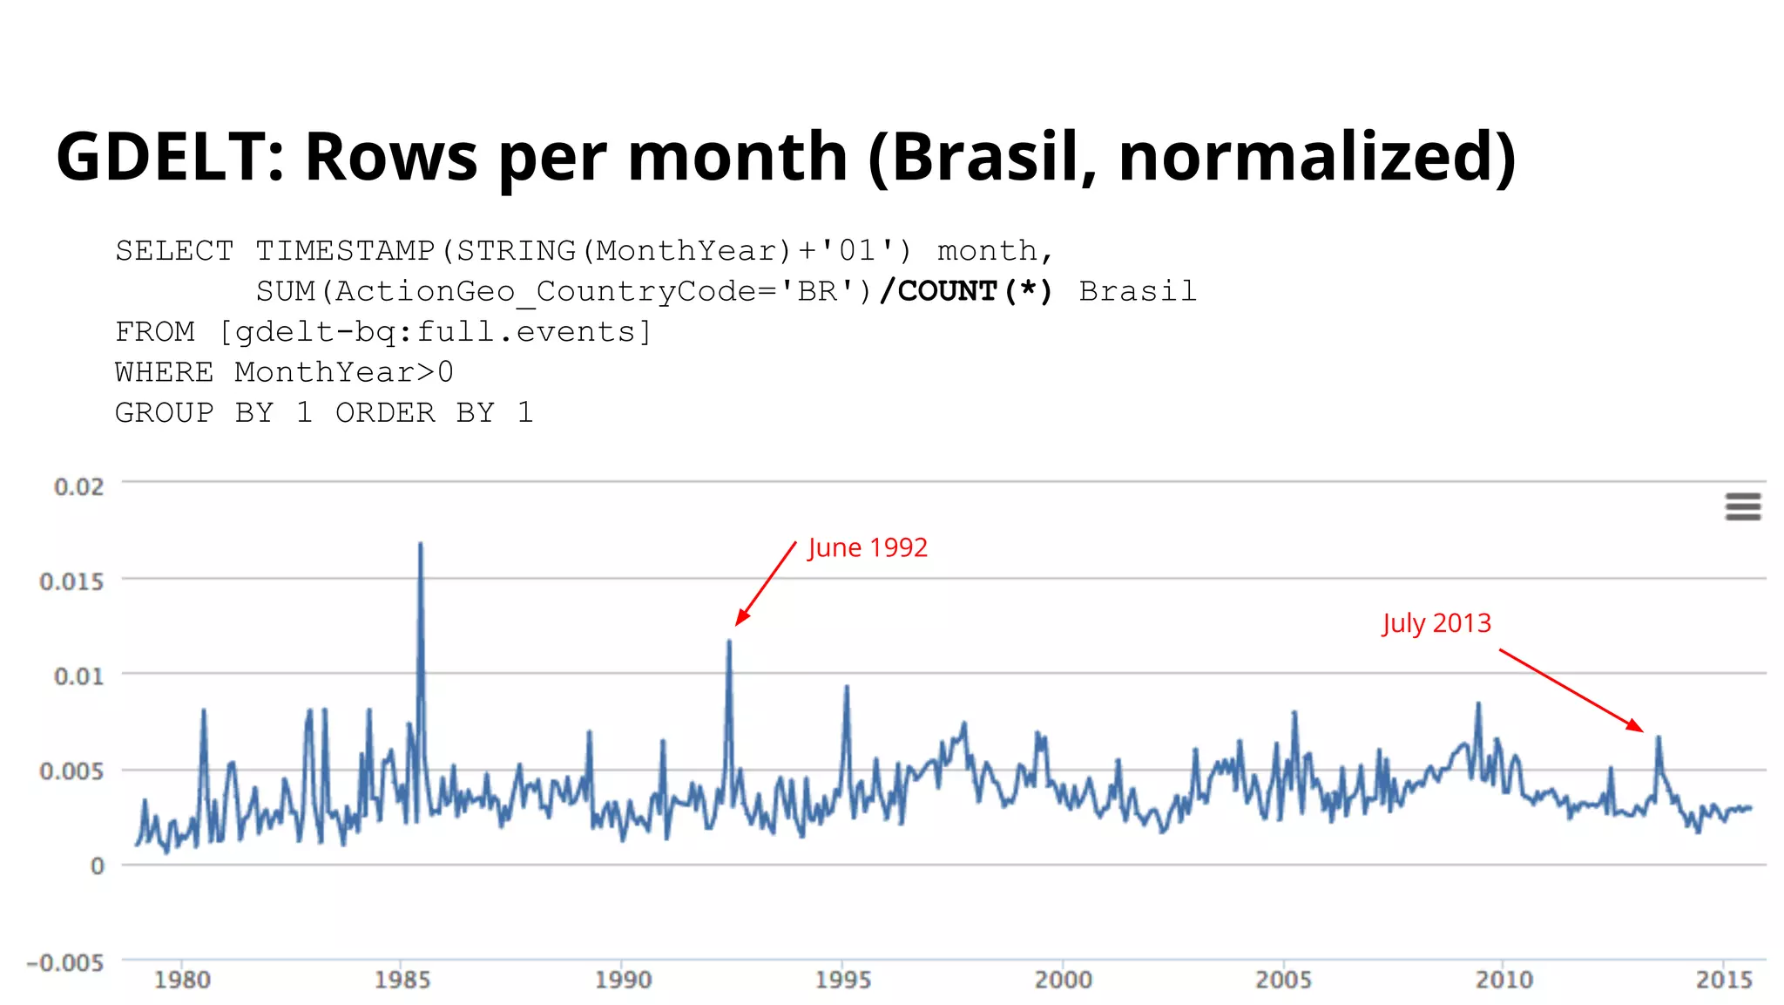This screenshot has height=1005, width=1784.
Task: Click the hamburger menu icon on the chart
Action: (x=1742, y=506)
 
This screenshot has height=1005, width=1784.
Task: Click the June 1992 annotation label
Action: (x=868, y=548)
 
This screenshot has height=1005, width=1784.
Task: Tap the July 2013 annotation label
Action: (x=1436, y=624)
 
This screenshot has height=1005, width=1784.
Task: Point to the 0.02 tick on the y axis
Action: (x=78, y=486)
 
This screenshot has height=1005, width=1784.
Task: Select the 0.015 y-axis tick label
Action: (x=71, y=581)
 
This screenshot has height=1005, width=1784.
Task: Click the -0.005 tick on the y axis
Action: (x=65, y=963)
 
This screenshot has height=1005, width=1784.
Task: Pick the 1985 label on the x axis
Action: (x=402, y=981)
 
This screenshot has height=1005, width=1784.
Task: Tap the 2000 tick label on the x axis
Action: (x=1063, y=981)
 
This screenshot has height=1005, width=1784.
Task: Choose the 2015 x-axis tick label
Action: (x=1724, y=981)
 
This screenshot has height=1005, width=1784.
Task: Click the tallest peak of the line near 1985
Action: (x=421, y=544)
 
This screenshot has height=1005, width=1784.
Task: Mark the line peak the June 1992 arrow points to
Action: (x=729, y=642)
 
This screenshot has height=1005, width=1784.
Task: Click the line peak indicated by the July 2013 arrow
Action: (x=1659, y=738)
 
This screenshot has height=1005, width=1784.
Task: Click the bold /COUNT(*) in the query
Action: (x=966, y=291)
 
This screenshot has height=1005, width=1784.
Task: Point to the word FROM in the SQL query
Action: (x=155, y=332)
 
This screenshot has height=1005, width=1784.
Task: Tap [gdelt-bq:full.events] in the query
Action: (x=435, y=332)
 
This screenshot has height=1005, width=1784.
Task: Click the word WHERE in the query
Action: (x=164, y=372)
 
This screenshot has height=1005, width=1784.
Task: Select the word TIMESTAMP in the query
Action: (x=345, y=251)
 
